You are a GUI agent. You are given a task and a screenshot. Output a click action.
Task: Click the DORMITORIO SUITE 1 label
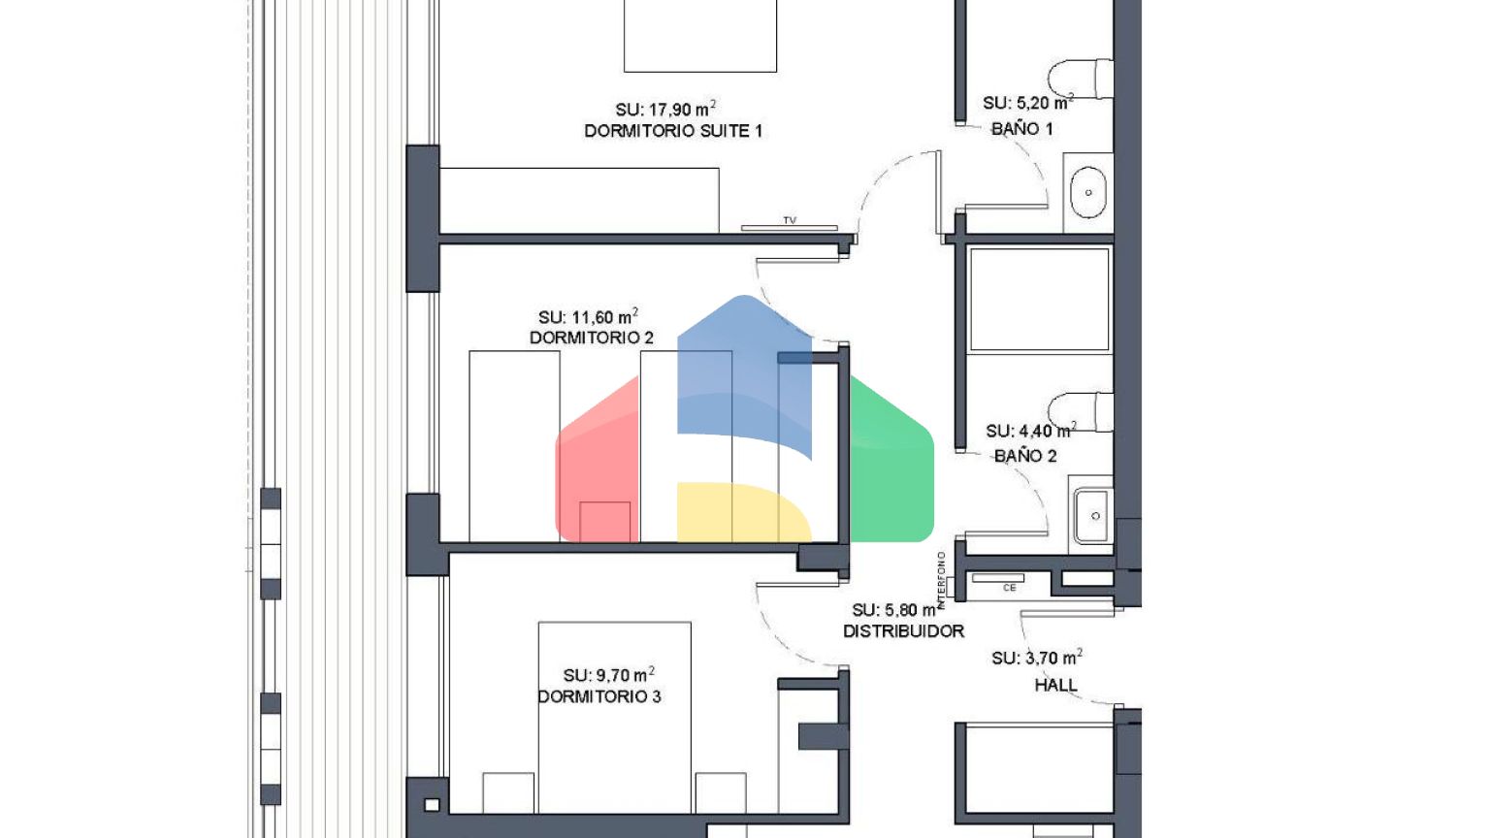[673, 131]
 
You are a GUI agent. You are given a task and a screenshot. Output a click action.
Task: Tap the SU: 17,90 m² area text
[665, 109]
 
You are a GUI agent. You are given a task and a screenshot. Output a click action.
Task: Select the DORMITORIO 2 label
[592, 338]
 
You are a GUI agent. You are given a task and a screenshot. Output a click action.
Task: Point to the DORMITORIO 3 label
[599, 696]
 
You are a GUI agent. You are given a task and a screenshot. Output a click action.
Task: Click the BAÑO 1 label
[1022, 128]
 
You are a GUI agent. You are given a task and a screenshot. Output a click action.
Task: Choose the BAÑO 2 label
[1025, 456]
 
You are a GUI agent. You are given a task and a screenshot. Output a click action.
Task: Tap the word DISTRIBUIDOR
[903, 631]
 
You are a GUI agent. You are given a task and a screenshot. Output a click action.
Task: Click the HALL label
[1055, 685]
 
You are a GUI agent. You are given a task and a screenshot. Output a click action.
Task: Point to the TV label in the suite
[790, 220]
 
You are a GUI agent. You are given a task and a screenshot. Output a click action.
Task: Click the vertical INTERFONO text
[941, 580]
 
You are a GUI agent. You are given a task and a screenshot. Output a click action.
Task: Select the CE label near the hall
[1010, 588]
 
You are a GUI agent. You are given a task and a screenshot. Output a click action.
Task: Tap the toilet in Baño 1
[1081, 79]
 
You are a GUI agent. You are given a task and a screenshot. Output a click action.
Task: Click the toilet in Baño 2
[1081, 412]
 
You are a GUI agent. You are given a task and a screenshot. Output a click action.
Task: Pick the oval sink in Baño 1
[1088, 192]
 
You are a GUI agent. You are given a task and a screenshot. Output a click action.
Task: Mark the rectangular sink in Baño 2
[1091, 515]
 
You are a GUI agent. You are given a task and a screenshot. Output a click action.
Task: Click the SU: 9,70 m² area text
[608, 675]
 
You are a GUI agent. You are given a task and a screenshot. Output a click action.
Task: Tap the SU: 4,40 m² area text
[1031, 431]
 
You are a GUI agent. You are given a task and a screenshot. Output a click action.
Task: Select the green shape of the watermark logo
[892, 459]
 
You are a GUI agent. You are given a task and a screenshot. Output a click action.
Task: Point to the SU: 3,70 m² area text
[1037, 658]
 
